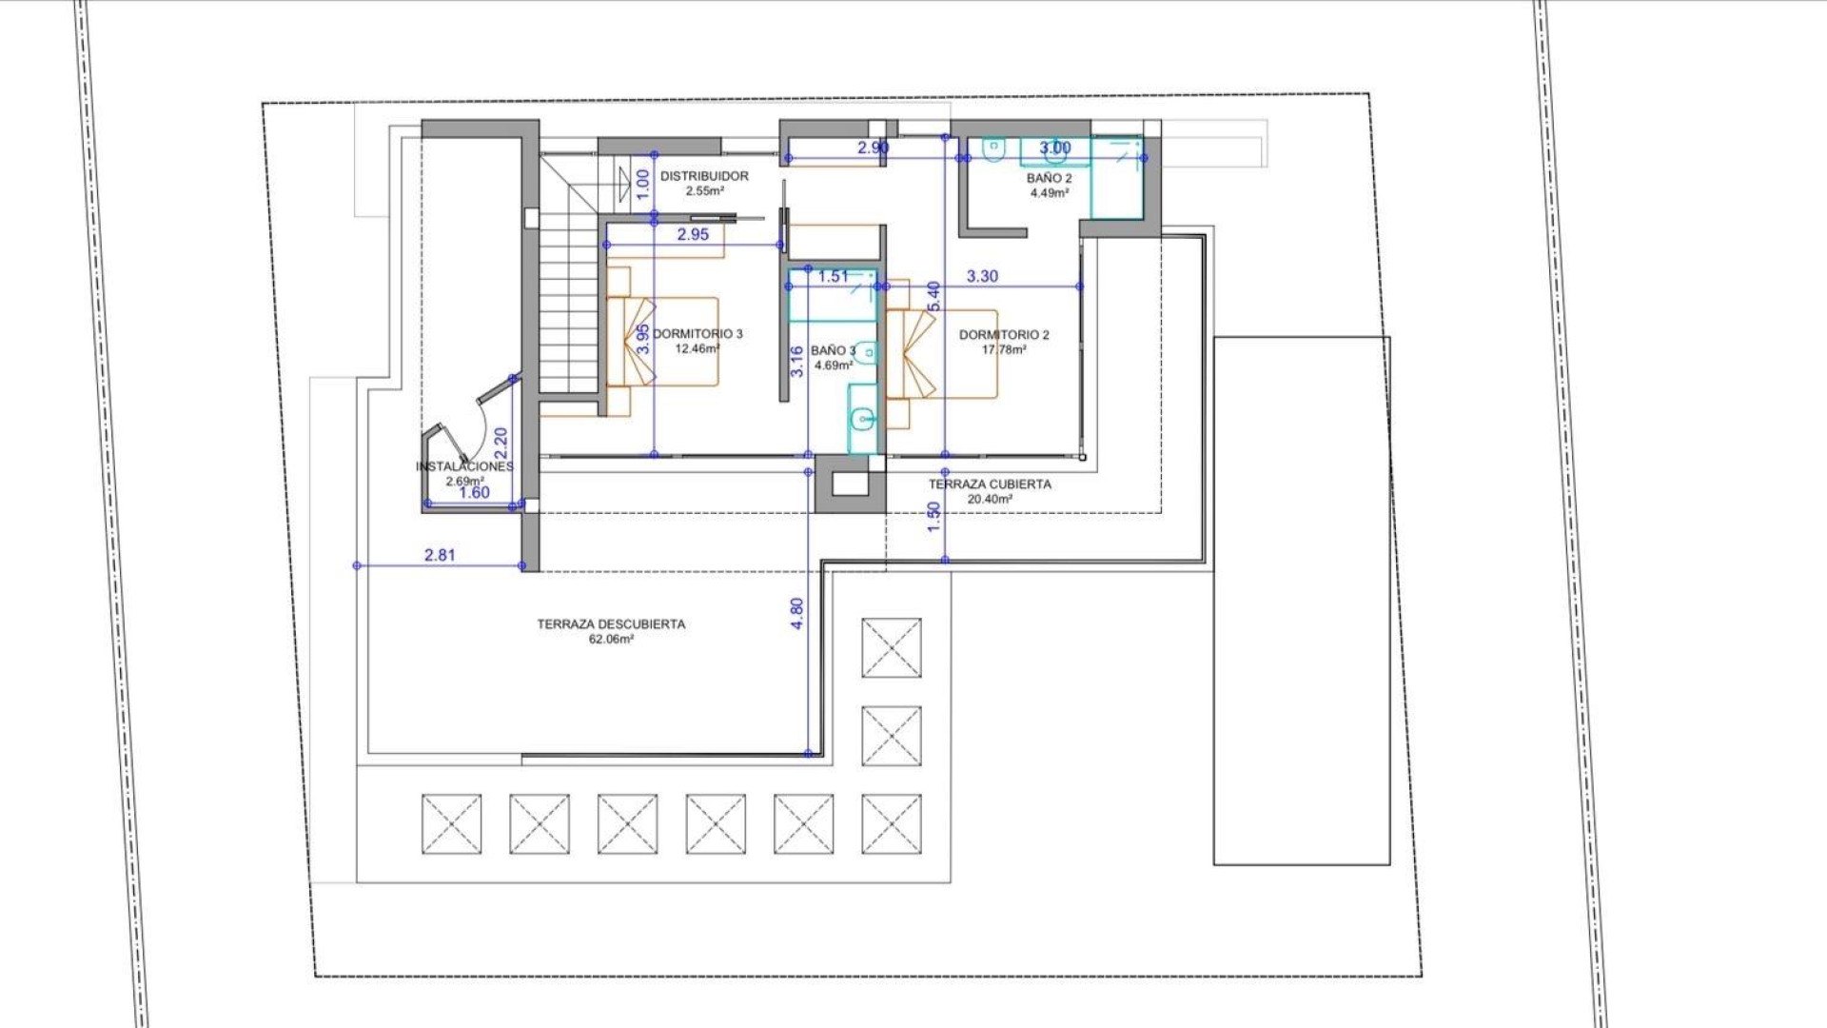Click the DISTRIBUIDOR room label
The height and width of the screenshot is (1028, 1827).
[704, 176]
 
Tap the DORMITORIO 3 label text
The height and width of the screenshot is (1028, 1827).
[697, 334]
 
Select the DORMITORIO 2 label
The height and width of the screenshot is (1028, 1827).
[1004, 335]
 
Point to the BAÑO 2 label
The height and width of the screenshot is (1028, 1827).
[1049, 179]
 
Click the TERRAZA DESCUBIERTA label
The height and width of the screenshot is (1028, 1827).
[611, 624]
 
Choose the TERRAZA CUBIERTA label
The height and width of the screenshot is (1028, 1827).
[990, 484]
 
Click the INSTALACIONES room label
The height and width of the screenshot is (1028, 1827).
[464, 466]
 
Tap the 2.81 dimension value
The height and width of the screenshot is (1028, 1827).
[440, 555]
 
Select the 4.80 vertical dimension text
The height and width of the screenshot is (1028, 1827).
[797, 613]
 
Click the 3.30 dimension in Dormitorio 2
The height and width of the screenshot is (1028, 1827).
[982, 277]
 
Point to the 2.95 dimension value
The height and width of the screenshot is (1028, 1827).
[693, 234]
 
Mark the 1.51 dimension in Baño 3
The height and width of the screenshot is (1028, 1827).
[833, 277]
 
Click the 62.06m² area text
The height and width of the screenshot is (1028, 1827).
[611, 640]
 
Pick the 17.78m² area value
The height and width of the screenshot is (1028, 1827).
[1004, 350]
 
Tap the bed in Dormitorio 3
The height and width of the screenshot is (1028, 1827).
[666, 341]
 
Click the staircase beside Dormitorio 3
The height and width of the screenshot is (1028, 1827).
[568, 305]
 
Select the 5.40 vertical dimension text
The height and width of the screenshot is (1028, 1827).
[933, 295]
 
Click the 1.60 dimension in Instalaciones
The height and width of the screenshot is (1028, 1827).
[474, 493]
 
